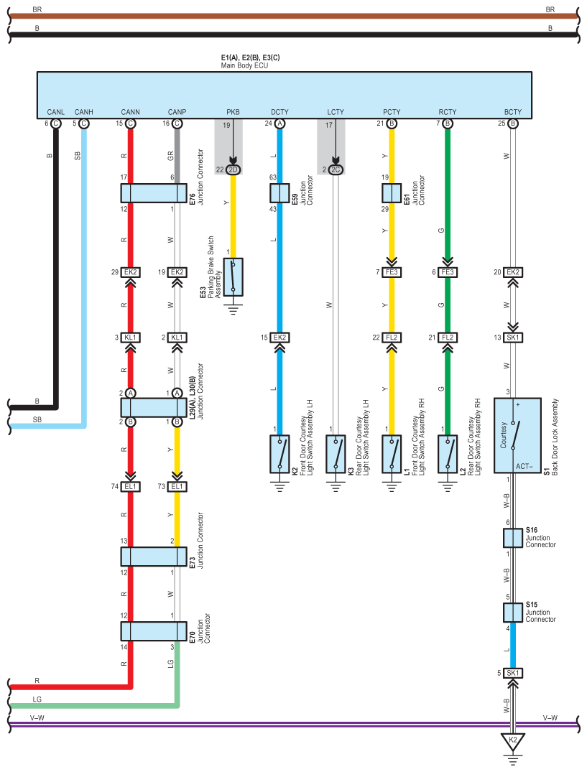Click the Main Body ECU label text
pyautogui.click(x=244, y=65)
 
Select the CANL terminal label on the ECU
pyautogui.click(x=55, y=112)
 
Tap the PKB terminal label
pyautogui.click(x=233, y=112)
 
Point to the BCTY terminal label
pyautogui.click(x=512, y=112)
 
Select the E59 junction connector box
pyautogui.click(x=279, y=193)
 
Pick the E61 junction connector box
pyautogui.click(x=392, y=193)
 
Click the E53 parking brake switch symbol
pyautogui.click(x=233, y=276)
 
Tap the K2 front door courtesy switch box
pyautogui.click(x=279, y=454)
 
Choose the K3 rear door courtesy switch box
pyautogui.click(x=336, y=454)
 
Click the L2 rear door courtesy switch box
pyautogui.click(x=448, y=454)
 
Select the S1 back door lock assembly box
pyautogui.click(x=517, y=435)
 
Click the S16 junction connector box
pyautogui.click(x=512, y=539)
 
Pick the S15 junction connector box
pyautogui.click(x=512, y=613)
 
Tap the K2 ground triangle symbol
pyautogui.click(x=512, y=740)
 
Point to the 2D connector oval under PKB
pyautogui.click(x=233, y=169)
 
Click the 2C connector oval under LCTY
pyautogui.click(x=336, y=169)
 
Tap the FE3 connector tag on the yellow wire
pyautogui.click(x=392, y=272)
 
